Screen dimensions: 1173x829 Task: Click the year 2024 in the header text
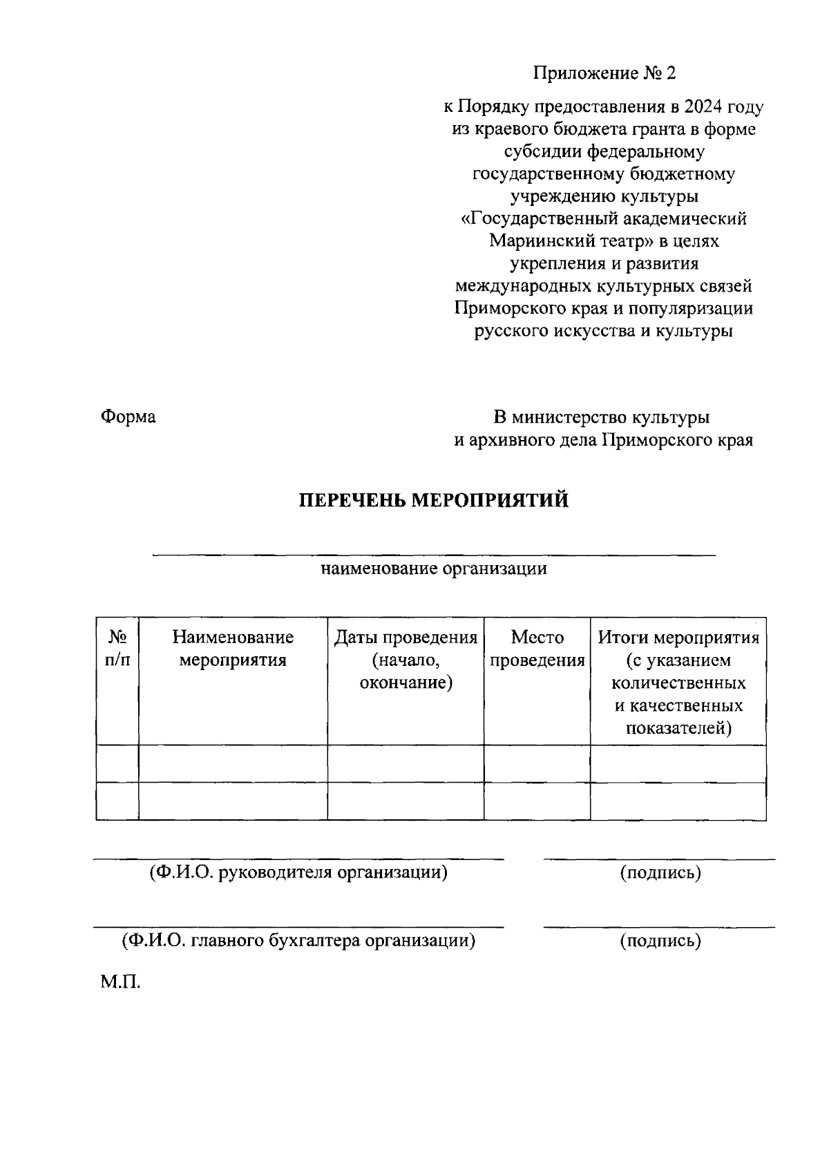pos(705,107)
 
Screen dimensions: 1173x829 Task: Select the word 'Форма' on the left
pos(128,417)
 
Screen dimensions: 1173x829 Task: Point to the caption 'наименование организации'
pos(433,569)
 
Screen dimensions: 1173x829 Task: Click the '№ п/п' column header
pos(117,648)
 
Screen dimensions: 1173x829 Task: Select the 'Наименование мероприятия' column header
pos(233,648)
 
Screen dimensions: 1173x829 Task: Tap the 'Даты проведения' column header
pos(406,638)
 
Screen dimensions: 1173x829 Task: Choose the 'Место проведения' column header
pos(537,648)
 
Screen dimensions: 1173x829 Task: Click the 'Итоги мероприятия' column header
pos(678,638)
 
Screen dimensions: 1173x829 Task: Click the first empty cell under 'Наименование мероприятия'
pos(233,764)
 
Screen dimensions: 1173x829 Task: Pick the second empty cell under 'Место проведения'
pos(537,801)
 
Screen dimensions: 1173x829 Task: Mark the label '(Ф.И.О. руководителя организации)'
pos(298,872)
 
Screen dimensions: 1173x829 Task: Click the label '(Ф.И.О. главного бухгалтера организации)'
pos(298,941)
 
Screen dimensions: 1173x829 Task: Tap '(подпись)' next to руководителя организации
pos(660,873)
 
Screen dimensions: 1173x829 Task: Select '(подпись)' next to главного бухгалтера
pos(660,941)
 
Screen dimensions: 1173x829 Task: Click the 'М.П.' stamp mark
pos(120,982)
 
